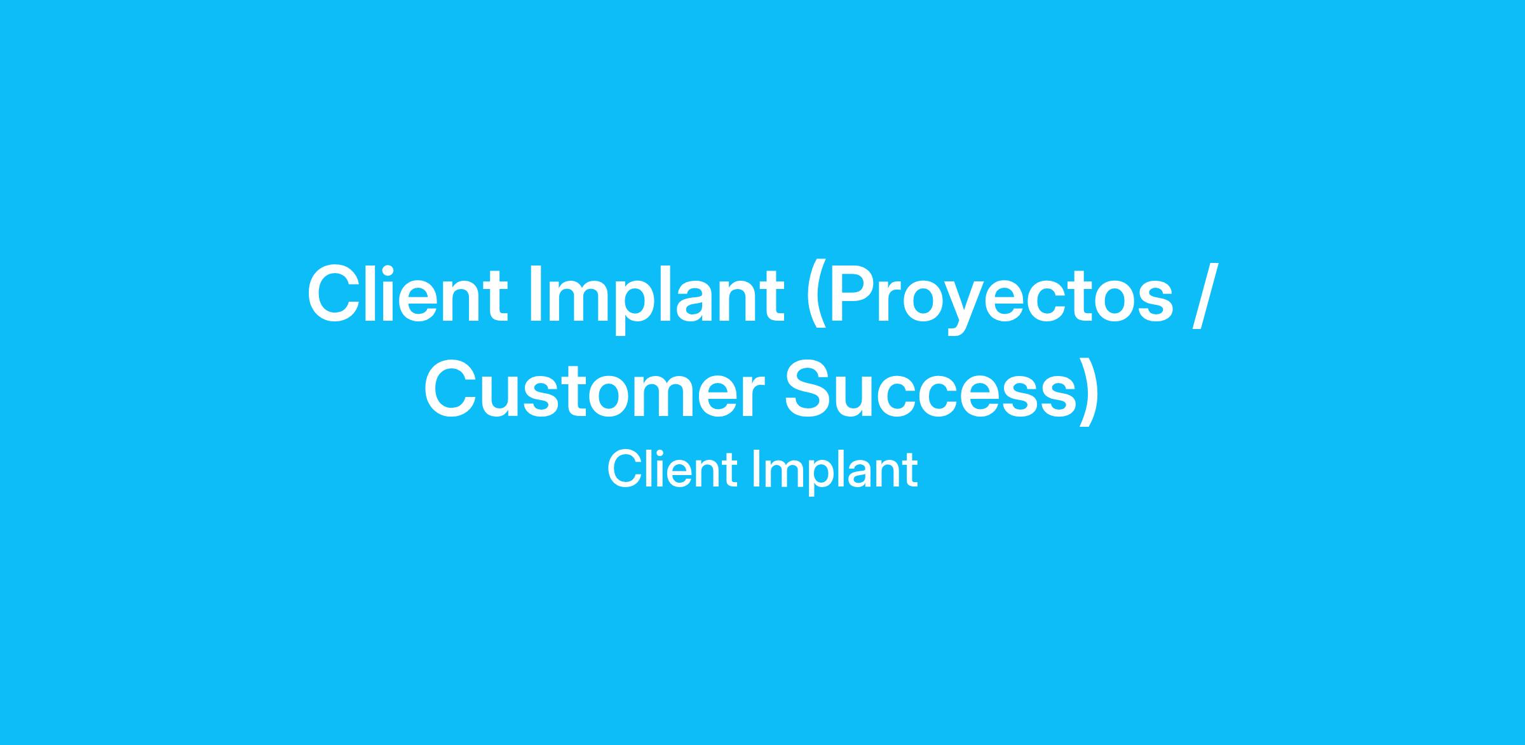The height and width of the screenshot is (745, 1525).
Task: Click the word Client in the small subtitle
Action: click(674, 469)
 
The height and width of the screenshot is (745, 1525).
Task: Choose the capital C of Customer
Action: click(451, 389)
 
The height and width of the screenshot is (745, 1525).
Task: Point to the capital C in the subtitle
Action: click(625, 469)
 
